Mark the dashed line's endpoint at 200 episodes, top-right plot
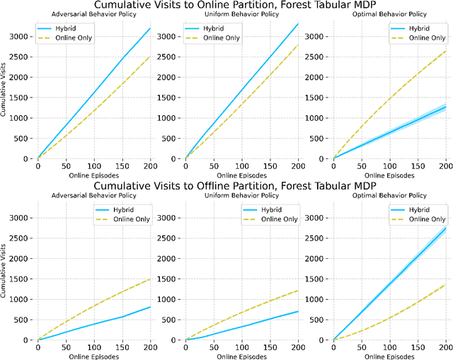click(445, 51)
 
